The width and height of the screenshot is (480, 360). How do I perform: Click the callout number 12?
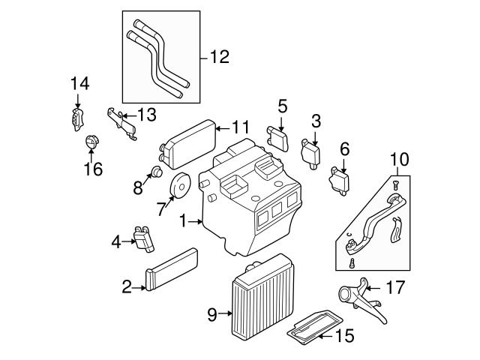tap(220, 56)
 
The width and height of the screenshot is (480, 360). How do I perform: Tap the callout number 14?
tap(79, 84)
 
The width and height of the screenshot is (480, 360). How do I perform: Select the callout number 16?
tap(92, 169)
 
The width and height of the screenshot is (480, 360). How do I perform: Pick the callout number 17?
tap(394, 287)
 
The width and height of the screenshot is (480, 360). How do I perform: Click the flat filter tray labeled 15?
tap(311, 327)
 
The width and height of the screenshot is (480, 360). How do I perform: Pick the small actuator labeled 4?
tap(144, 238)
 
